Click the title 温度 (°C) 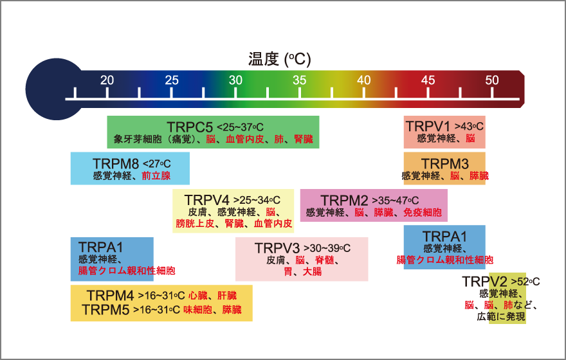tap(279, 59)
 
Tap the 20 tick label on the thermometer tap(107, 80)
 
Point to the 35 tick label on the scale tap(300, 80)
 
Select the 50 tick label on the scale tap(492, 80)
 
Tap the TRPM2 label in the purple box tap(344, 199)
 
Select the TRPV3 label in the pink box tap(277, 248)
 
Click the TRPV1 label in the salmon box tap(430, 125)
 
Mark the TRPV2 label tap(484, 282)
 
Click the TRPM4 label tap(111, 296)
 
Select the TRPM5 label tap(106, 310)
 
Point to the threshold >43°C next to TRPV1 tap(469, 126)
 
